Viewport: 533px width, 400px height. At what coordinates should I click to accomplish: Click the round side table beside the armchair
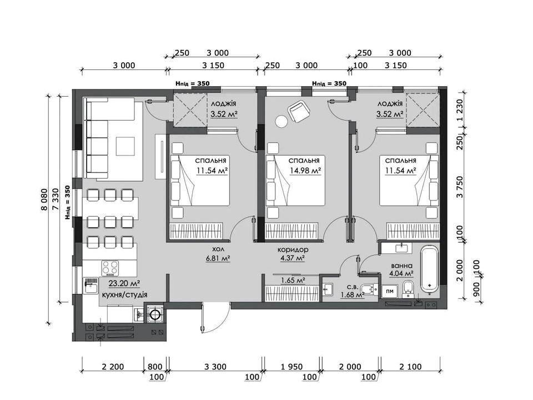281,122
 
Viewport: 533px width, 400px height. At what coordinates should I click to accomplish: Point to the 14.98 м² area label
305,171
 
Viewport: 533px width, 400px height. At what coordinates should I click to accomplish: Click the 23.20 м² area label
124,283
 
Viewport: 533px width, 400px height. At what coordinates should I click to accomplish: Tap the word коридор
293,249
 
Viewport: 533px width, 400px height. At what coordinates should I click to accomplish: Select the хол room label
218,249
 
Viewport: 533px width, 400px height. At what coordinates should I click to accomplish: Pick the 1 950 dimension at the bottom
291,367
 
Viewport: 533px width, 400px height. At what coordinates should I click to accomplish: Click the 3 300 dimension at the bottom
215,367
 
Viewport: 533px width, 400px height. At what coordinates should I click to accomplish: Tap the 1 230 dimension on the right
460,111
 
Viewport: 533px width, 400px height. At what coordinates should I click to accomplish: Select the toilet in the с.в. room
369,289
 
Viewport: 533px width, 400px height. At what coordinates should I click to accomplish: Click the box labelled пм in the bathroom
390,291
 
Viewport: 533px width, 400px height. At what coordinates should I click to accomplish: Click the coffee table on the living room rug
125,146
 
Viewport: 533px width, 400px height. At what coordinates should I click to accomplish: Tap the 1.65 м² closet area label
293,280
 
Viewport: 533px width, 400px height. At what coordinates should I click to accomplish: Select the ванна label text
402,266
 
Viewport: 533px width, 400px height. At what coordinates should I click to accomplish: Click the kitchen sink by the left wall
91,286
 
